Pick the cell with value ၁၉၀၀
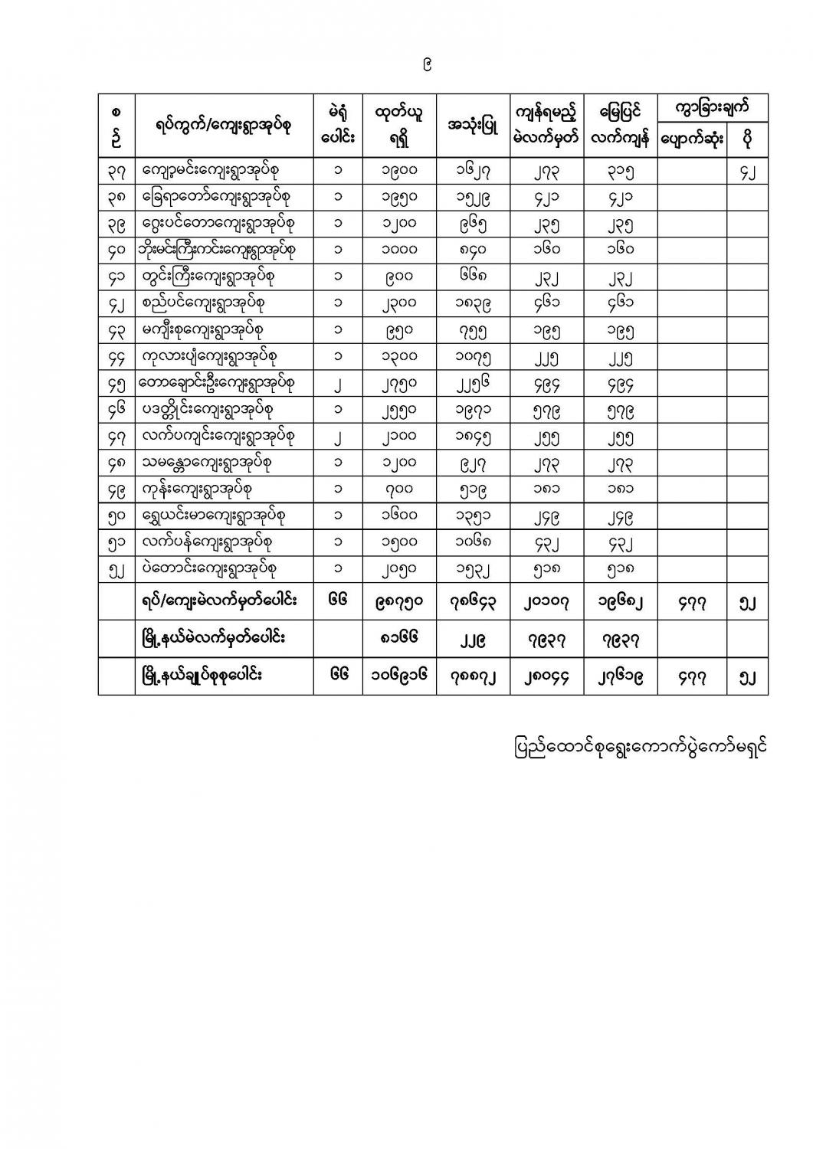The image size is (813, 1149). point(399,171)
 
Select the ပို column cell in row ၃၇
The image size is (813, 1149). point(747,171)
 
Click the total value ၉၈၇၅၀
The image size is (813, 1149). point(399,601)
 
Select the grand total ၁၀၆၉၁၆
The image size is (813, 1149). point(399,676)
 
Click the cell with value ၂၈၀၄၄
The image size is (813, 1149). point(547,676)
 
